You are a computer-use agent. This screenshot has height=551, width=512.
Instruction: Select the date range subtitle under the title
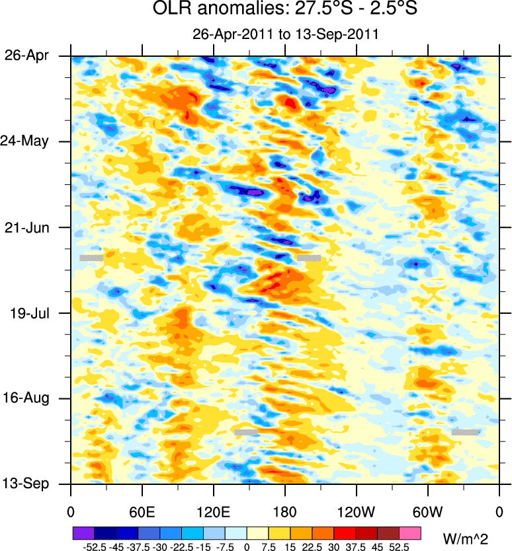(x=284, y=34)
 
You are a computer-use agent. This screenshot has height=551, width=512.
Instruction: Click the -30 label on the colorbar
(x=159, y=547)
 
